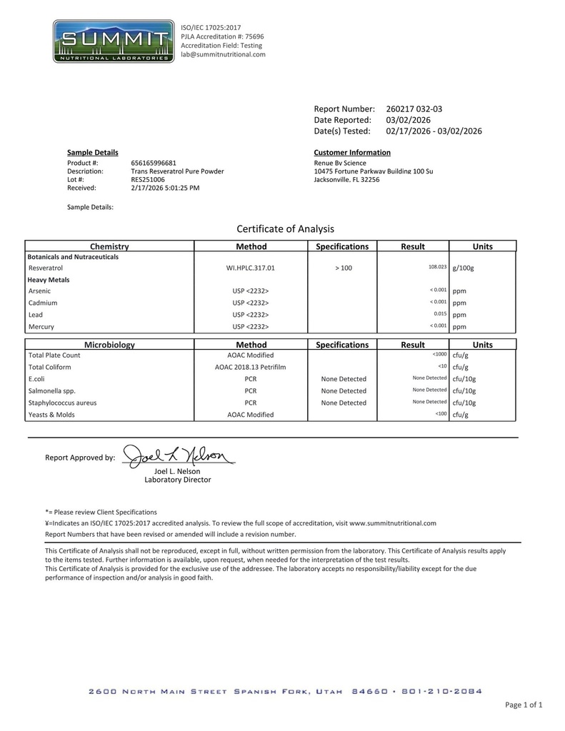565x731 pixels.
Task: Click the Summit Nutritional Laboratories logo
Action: point(114,41)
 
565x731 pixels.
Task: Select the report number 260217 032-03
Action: point(414,109)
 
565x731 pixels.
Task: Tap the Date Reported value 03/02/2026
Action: point(408,120)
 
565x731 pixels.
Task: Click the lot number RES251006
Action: point(148,180)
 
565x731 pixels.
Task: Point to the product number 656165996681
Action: point(154,163)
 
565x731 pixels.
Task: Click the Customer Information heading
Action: point(352,153)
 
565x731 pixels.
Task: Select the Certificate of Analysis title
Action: point(285,229)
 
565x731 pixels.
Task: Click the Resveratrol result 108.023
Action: point(437,267)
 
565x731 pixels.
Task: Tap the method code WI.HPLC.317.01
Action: point(251,268)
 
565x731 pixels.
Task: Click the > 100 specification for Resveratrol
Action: point(342,268)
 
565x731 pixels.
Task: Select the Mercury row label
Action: point(41,327)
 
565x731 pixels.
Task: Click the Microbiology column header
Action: point(109,345)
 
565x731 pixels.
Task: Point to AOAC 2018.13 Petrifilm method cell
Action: point(251,367)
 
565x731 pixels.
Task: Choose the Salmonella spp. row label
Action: point(51,391)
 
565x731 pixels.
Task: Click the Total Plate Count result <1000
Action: point(439,355)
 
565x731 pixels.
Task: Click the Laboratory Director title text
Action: point(178,480)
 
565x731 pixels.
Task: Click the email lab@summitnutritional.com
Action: point(223,54)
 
